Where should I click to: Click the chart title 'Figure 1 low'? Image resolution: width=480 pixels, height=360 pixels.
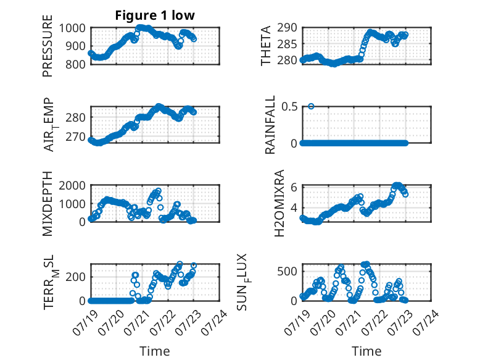point(155,15)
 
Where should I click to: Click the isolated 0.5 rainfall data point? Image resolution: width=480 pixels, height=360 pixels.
point(311,106)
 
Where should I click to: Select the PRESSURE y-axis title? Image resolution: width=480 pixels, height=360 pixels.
point(48,46)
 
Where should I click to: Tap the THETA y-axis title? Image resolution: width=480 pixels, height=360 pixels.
point(266,46)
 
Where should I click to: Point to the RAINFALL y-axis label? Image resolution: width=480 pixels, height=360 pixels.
point(270,125)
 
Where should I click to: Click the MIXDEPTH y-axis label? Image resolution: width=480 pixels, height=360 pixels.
point(48,204)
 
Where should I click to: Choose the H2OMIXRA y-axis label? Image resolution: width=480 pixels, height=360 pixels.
point(279,203)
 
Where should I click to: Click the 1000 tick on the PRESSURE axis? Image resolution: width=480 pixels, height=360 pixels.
point(72,28)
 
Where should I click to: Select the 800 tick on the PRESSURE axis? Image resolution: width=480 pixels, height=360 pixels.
point(76,64)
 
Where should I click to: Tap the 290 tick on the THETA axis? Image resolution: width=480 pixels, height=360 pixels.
point(287,28)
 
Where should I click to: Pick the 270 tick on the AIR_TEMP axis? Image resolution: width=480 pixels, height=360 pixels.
point(76,136)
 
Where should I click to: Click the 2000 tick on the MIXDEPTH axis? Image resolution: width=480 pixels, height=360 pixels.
point(72,185)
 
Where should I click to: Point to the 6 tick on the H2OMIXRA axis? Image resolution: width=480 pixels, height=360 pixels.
point(294,187)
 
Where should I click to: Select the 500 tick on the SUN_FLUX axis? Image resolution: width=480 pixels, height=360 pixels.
point(287,271)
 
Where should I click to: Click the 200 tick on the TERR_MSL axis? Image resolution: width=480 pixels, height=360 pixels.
point(76,277)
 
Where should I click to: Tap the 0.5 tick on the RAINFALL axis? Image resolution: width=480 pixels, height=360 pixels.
point(289,107)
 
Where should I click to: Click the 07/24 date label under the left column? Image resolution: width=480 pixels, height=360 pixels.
point(215,322)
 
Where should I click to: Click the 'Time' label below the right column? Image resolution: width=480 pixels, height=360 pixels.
point(366,351)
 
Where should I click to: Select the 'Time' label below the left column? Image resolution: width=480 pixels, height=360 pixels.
point(155,351)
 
